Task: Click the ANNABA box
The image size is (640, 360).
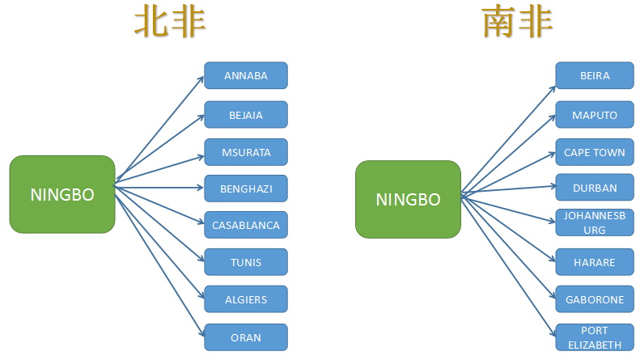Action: (x=246, y=75)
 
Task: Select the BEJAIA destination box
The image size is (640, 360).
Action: (x=246, y=115)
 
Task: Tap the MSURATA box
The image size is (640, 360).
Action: (x=246, y=152)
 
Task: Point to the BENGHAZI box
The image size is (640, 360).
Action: (x=246, y=188)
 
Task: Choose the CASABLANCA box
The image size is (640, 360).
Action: (x=246, y=225)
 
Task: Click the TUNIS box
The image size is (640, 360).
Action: (x=246, y=262)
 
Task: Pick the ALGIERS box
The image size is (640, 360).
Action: (x=246, y=299)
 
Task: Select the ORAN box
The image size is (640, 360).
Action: (x=246, y=337)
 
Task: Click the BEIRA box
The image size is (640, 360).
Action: (x=595, y=75)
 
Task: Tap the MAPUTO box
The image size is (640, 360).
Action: (x=595, y=115)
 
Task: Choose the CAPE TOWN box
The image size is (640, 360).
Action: (x=595, y=152)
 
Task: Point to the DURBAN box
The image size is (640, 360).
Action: (x=595, y=188)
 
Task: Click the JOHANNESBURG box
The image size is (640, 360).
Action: (x=595, y=222)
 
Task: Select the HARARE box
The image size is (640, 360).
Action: (x=595, y=262)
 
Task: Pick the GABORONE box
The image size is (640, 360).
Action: (x=595, y=299)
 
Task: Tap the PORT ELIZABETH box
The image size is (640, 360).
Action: (x=595, y=337)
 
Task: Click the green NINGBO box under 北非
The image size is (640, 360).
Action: (x=62, y=194)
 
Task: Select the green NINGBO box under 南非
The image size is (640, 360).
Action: (x=408, y=199)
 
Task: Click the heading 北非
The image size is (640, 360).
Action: (x=170, y=21)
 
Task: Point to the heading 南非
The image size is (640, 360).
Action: (x=517, y=21)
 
